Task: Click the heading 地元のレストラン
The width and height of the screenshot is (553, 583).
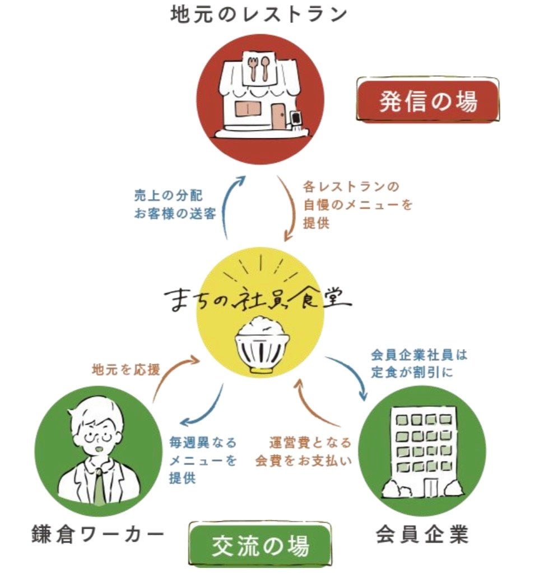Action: tap(259, 14)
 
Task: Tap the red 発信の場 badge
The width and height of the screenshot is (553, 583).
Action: tap(428, 101)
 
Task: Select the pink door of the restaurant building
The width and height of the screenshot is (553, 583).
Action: tap(278, 115)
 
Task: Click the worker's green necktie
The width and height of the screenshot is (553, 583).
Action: tap(99, 487)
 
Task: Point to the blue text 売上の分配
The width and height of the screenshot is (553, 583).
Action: tap(168, 196)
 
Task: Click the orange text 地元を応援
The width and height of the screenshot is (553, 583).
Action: tap(126, 370)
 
